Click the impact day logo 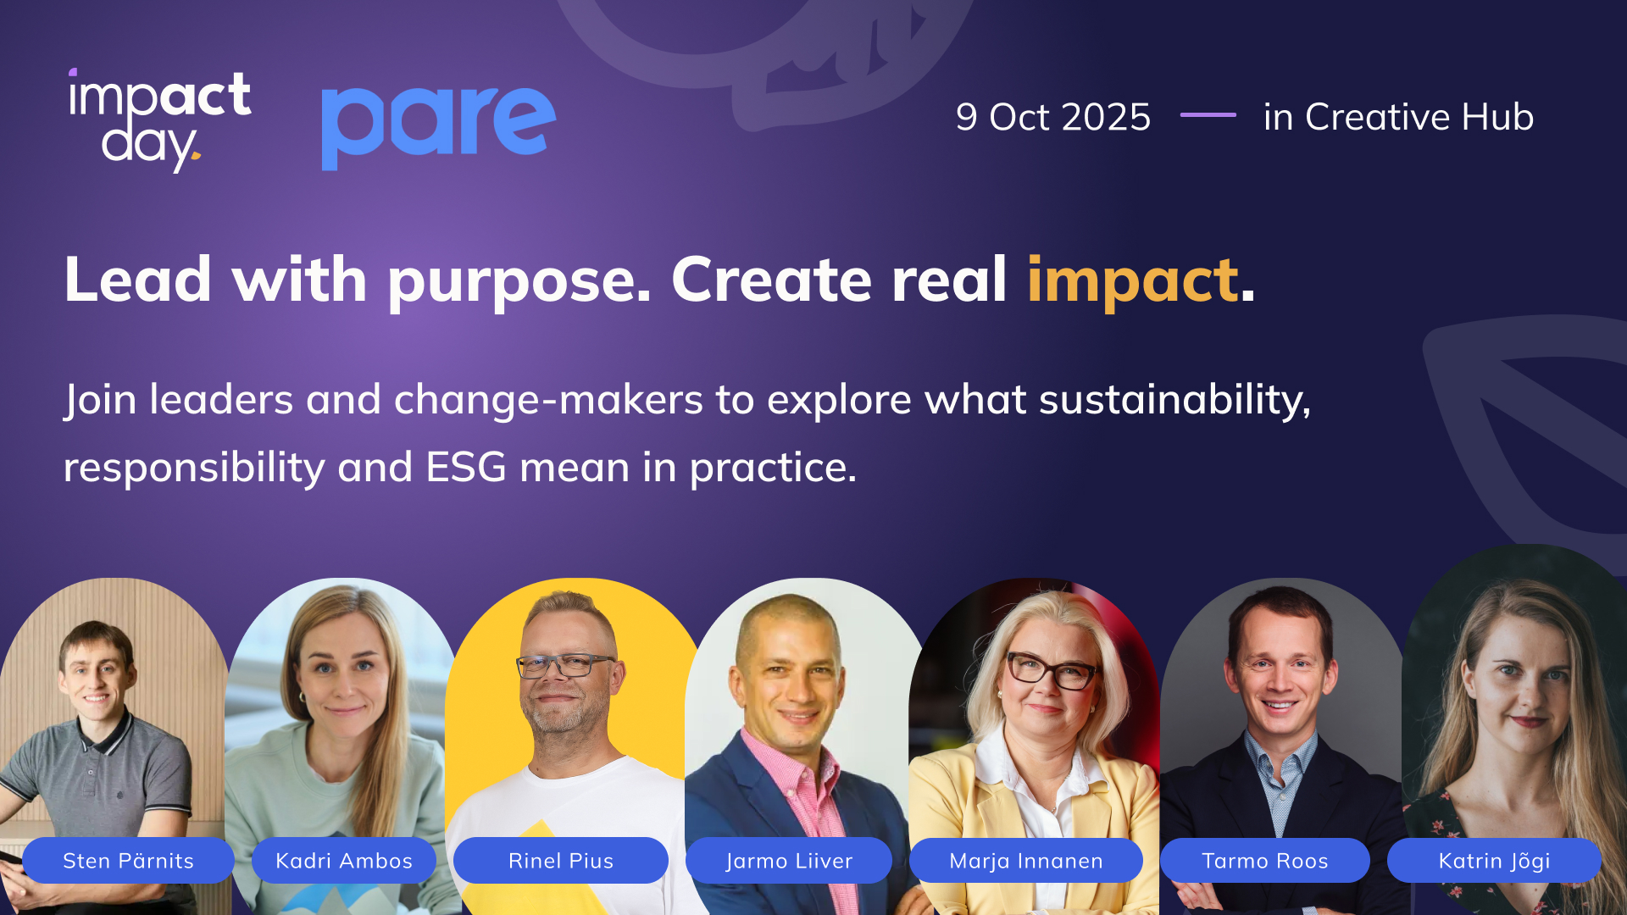(x=159, y=120)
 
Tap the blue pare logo (x=438, y=127)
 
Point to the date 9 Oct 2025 (x=1053, y=117)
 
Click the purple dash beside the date (x=1208, y=114)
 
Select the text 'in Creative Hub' (x=1398, y=117)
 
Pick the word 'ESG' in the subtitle (x=466, y=467)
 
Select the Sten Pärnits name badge (x=128, y=861)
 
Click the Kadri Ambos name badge (x=344, y=861)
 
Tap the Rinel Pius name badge (x=561, y=861)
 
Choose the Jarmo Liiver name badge (x=789, y=861)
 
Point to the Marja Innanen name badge (x=1026, y=861)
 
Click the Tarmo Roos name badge (x=1265, y=861)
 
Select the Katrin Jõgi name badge (x=1495, y=861)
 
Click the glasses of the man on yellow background (x=564, y=666)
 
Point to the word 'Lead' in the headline (x=138, y=280)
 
